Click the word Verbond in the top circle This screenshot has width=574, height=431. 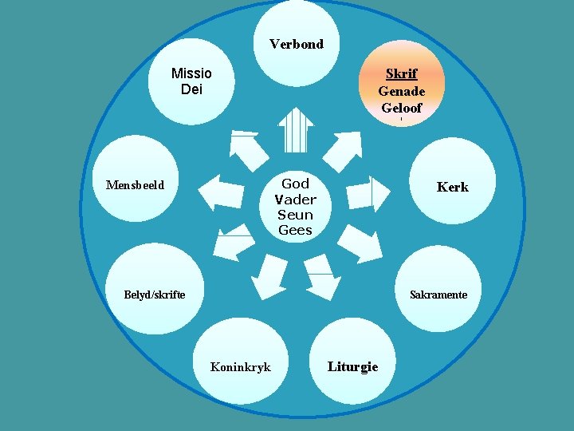[297, 44]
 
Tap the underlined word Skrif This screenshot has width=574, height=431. [401, 73]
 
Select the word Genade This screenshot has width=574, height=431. [401, 91]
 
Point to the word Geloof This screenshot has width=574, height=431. [401, 109]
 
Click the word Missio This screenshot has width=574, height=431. [191, 73]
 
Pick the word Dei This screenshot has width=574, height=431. [191, 89]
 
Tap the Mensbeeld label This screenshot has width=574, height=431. [135, 185]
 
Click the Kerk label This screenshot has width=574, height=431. [452, 187]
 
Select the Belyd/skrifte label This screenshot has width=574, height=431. [155, 295]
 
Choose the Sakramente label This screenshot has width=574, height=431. [438, 295]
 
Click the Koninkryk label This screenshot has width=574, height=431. [240, 367]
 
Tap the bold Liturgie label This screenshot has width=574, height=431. [352, 366]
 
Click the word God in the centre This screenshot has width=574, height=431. [295, 184]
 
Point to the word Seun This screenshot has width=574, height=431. [295, 215]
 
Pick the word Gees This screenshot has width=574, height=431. [295, 230]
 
